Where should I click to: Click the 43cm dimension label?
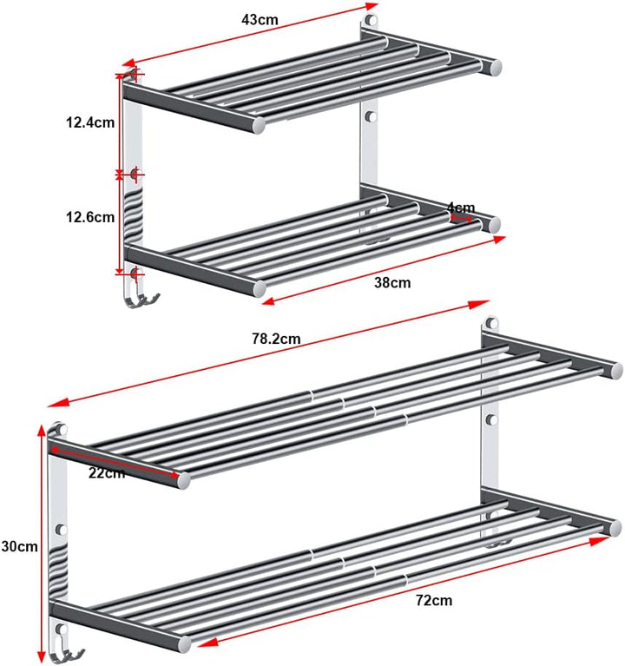coord(260,20)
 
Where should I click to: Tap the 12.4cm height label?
coord(90,122)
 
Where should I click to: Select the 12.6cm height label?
coord(90,217)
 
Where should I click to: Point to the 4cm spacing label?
coord(461,208)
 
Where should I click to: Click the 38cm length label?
coord(392,282)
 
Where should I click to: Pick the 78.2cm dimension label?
coord(276,339)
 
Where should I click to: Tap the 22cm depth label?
coord(107,472)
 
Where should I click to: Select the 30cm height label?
coord(19,546)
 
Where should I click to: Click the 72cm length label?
coord(434,600)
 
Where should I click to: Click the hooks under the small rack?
coord(142,300)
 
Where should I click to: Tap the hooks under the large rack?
coord(67,655)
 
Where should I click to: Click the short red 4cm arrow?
coord(461,219)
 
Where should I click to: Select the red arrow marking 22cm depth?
coord(115,462)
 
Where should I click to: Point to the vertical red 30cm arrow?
coord(41,544)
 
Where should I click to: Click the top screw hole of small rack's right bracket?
coord(371,20)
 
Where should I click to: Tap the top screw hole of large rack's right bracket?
coord(491,323)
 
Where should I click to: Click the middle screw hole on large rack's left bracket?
coord(62,530)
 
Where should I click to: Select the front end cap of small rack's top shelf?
coord(258,125)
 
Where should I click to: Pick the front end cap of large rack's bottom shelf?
coord(184,644)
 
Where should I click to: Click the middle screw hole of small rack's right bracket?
coord(371,116)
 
